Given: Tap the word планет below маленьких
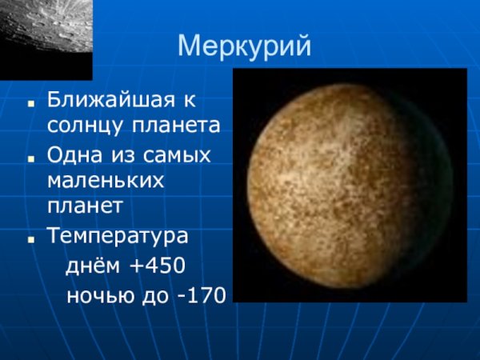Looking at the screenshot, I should click(85, 206).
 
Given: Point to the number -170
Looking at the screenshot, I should click(203, 296).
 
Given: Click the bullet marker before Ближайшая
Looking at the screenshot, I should click(30, 104).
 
